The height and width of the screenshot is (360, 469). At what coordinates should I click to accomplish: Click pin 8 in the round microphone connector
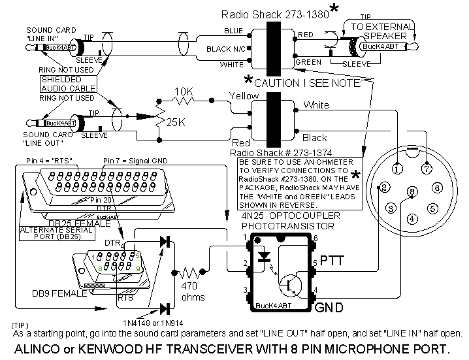412,191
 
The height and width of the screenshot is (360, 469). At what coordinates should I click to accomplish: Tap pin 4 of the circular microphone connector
412,219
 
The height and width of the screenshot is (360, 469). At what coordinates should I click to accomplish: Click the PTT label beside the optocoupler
332,262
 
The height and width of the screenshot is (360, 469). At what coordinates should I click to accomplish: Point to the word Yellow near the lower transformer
244,96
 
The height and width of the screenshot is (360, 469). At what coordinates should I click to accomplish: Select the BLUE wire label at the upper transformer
233,31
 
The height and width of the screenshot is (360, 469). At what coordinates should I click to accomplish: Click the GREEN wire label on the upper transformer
308,63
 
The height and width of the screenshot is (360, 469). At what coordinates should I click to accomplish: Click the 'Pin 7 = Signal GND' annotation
136,160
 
